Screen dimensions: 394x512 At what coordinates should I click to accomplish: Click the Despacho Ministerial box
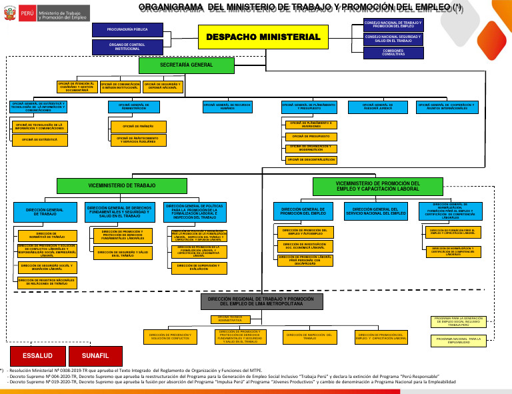(263, 37)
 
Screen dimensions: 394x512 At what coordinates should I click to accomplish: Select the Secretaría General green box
(187, 65)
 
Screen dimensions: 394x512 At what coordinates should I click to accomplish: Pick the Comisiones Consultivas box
(393, 53)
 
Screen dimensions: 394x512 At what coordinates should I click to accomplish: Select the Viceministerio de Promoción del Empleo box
(377, 186)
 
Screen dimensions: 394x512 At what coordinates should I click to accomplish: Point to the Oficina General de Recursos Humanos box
(227, 107)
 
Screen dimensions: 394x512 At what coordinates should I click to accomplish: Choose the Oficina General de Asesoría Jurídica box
(377, 107)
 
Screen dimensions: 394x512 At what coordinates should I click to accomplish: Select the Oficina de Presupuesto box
(311, 136)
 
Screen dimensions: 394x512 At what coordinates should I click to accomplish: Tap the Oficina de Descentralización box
(311, 160)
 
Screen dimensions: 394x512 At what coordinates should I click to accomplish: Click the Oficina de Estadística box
(40, 140)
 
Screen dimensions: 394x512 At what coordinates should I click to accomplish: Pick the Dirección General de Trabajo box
(45, 213)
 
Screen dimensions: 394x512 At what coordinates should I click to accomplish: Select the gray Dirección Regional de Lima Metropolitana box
(261, 302)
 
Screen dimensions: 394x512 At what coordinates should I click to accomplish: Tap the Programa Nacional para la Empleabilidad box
(459, 341)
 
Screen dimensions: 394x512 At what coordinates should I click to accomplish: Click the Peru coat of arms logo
(9, 13)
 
